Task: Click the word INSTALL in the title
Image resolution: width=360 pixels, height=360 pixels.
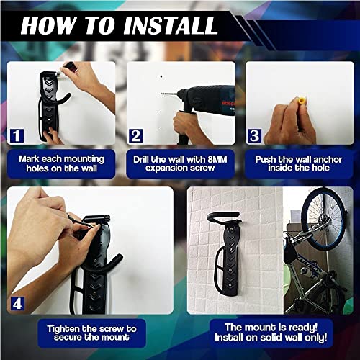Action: point(167,26)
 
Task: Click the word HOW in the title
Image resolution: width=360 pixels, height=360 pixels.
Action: point(49,26)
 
